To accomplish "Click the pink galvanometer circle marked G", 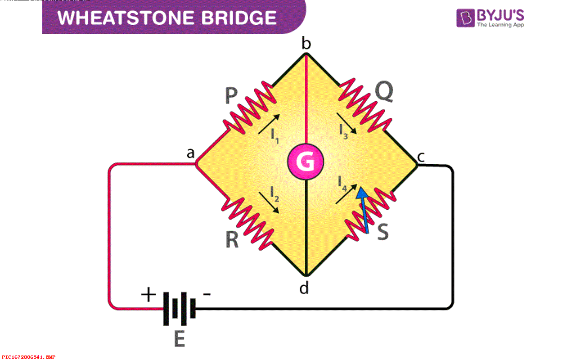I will coord(306,162).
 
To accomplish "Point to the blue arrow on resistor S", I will coord(364,209).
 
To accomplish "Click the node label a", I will coord(191,154).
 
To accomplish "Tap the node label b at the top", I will coord(306,44).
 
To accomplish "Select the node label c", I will coord(421,157).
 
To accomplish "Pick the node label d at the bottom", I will coord(304,288).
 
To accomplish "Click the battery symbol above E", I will coord(179,309).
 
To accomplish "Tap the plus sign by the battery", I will coord(148,295).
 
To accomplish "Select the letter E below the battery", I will coord(180,339).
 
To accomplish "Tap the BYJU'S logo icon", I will coord(465,18).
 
